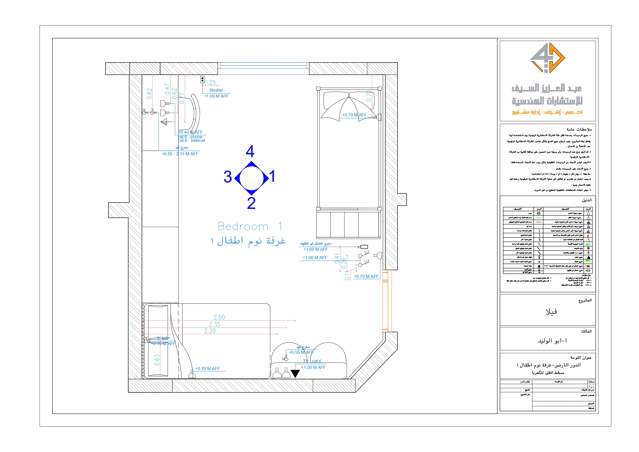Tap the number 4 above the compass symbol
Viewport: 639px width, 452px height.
[x=250, y=151]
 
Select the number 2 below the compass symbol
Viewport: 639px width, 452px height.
[x=251, y=203]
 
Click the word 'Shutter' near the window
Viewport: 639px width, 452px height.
[x=216, y=90]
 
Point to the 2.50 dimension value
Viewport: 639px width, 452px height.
[x=219, y=317]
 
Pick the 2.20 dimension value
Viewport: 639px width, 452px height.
[x=210, y=331]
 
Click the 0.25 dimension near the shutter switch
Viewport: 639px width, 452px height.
[x=210, y=82]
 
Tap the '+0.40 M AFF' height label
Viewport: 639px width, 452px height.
[x=191, y=132]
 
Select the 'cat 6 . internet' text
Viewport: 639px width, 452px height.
[x=192, y=141]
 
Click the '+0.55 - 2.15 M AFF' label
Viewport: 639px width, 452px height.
[x=180, y=154]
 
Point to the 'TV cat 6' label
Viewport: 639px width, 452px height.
[x=312, y=361]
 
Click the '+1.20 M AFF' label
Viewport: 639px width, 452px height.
[x=313, y=367]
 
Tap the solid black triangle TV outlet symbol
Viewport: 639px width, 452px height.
[x=295, y=373]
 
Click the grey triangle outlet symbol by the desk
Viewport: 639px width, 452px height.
[x=164, y=122]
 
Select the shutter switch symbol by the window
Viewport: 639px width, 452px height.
[x=202, y=79]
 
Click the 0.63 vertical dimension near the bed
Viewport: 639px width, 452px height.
[x=157, y=360]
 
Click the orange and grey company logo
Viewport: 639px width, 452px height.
[x=547, y=58]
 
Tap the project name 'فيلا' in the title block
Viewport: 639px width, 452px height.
[x=551, y=312]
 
